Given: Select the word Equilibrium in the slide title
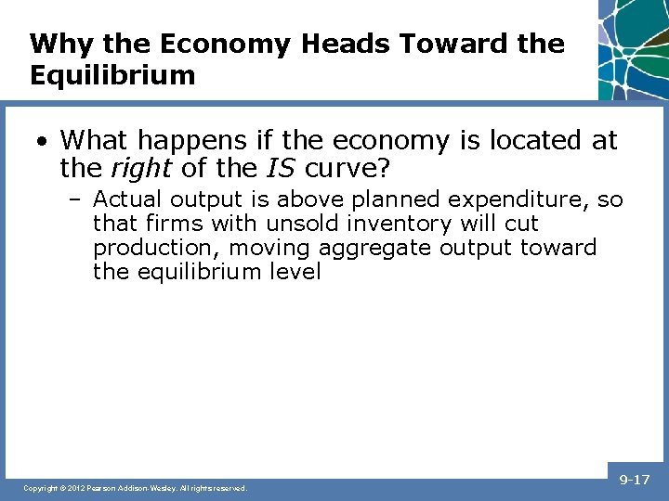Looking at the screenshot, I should click(112, 75).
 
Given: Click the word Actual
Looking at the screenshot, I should click(124, 199).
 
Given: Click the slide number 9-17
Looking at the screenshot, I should click(636, 481).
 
